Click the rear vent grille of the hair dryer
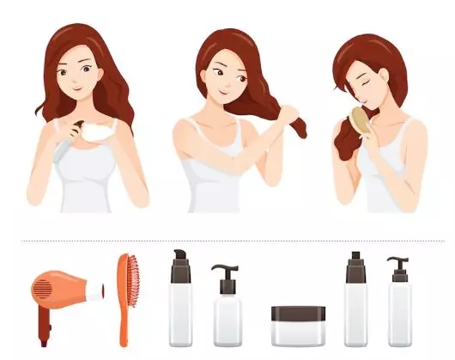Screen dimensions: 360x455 point(40,288)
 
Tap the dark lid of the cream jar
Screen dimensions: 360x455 point(298,313)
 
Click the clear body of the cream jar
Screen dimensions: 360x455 point(298,333)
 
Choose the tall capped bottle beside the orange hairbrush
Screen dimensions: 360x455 point(180,301)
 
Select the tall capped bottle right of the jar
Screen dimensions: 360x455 point(356,301)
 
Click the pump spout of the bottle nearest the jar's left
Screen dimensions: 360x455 point(219,270)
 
